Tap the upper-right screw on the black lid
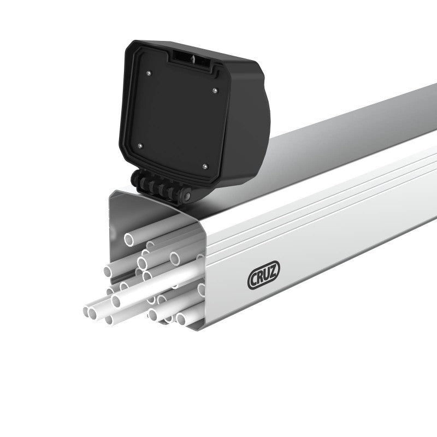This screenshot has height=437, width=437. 215,90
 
